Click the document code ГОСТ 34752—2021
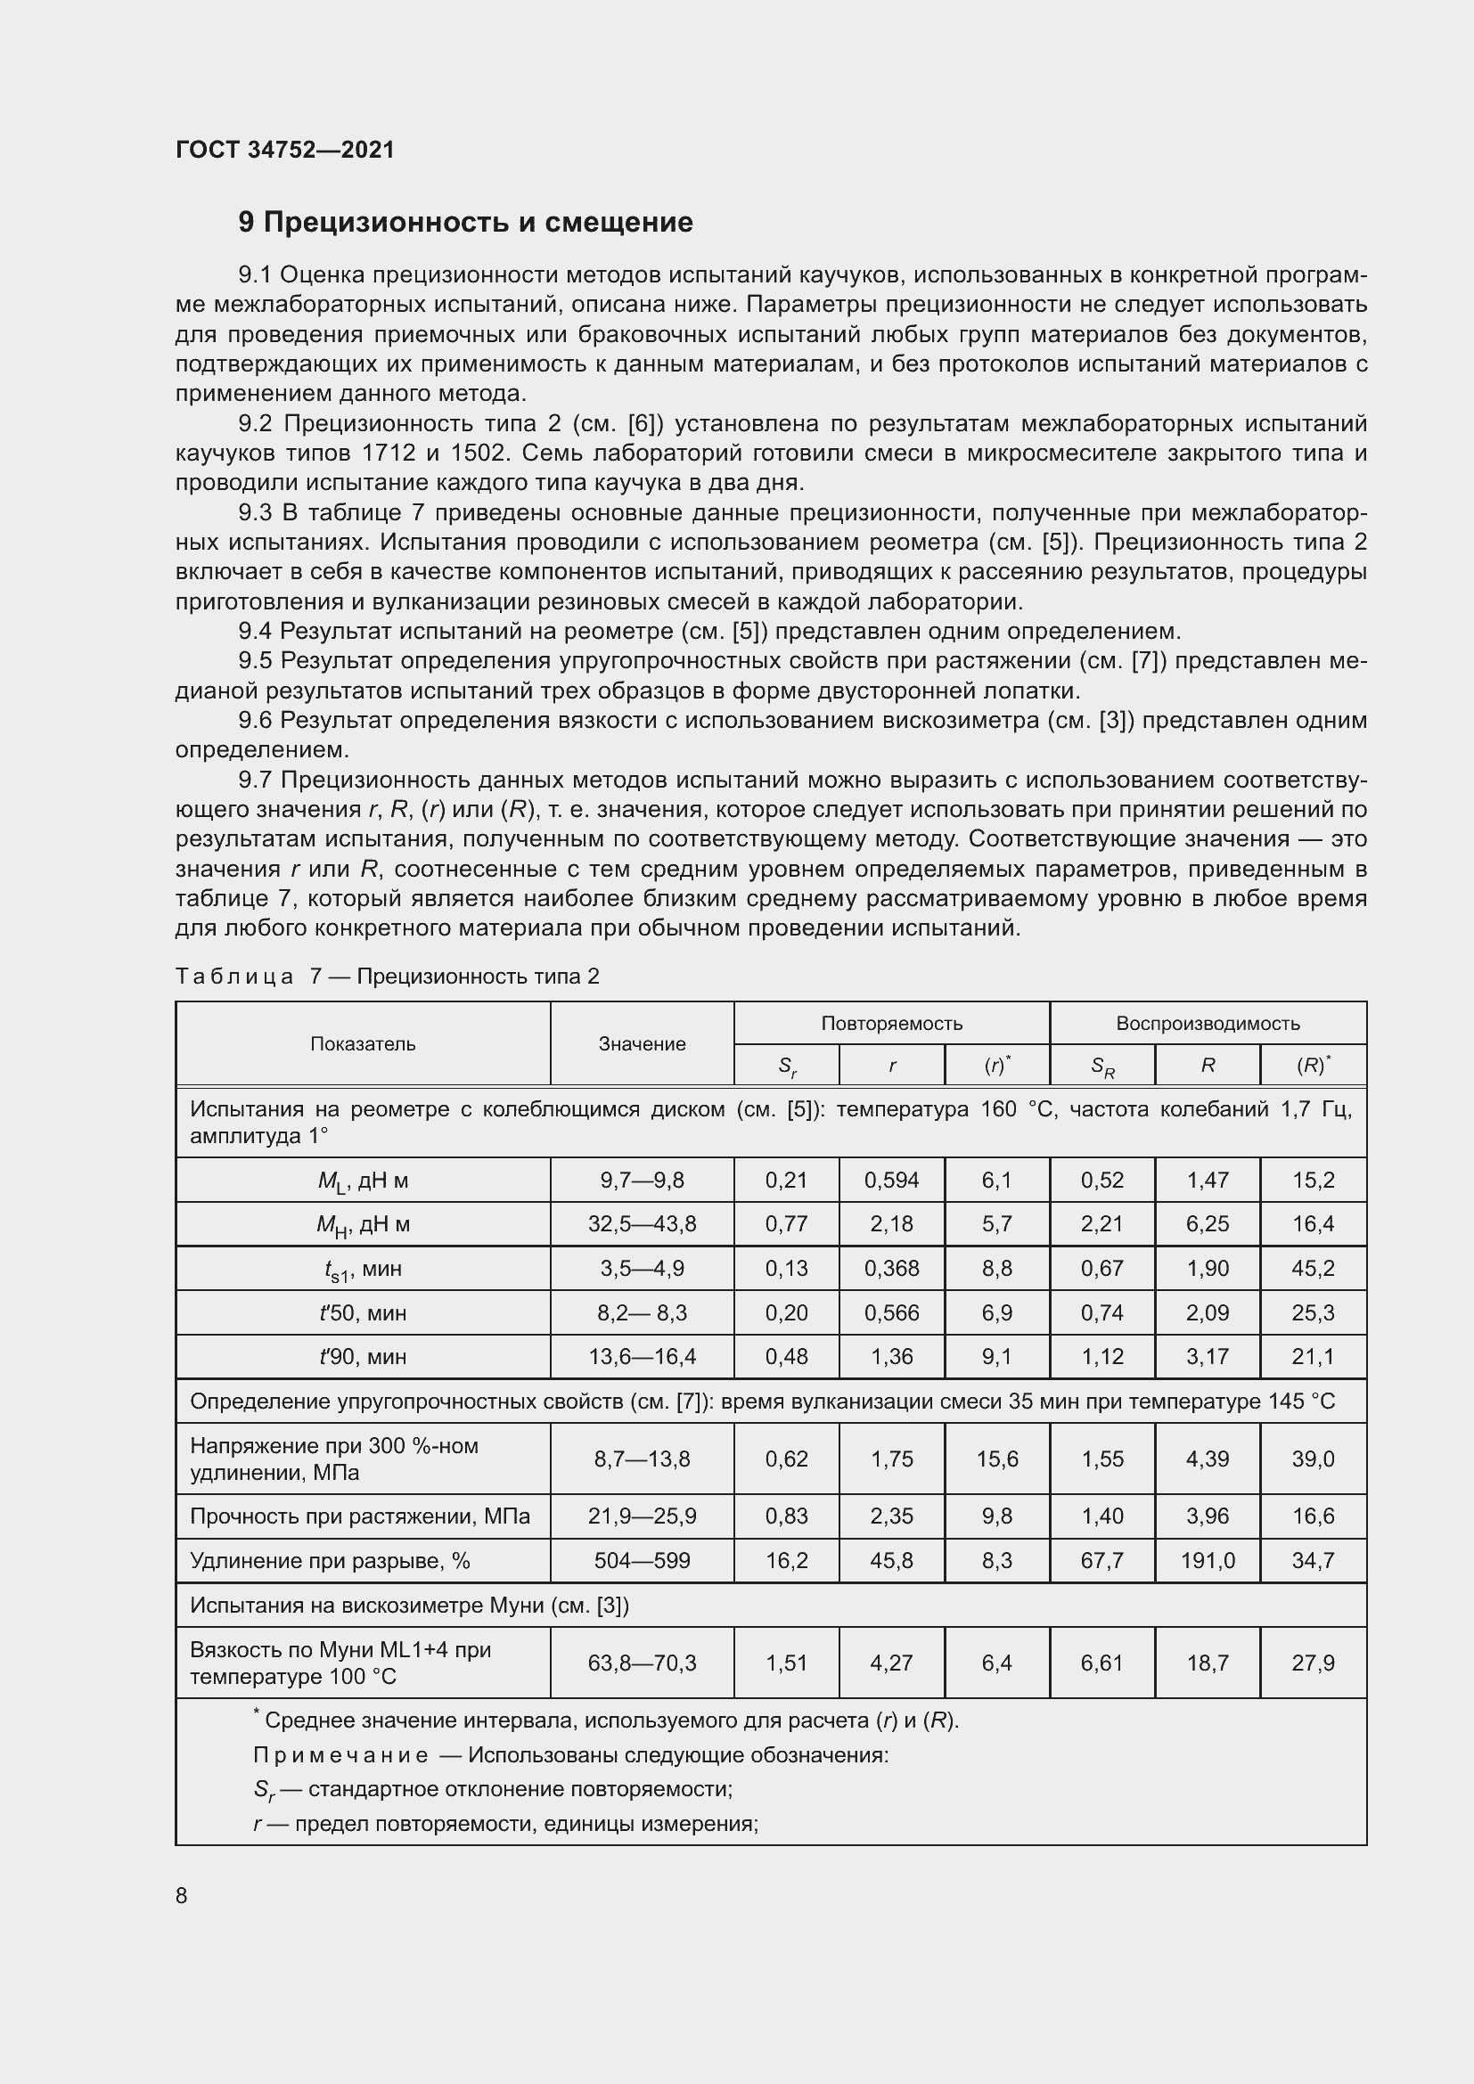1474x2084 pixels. click(285, 150)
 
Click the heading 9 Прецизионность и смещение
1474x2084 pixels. click(464, 223)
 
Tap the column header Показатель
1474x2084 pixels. click(363, 1044)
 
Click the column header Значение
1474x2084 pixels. click(642, 1044)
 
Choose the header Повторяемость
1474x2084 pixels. click(891, 1024)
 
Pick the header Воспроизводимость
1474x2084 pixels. click(1208, 1024)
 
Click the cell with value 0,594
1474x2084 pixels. click(891, 1180)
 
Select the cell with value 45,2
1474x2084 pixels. click(1313, 1268)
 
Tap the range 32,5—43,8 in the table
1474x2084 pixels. click(642, 1223)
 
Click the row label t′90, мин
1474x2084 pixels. click(363, 1356)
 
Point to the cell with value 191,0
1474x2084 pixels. click(1208, 1560)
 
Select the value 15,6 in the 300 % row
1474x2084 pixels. click(996, 1459)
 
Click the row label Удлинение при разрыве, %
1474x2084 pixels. click(330, 1560)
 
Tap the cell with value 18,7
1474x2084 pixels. click(1208, 1663)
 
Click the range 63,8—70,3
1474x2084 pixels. click(642, 1663)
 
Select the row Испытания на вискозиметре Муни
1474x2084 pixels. click(408, 1606)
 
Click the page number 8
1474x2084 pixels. click(182, 1895)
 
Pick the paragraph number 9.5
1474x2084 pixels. click(255, 661)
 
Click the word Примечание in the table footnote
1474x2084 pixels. click(340, 1754)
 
